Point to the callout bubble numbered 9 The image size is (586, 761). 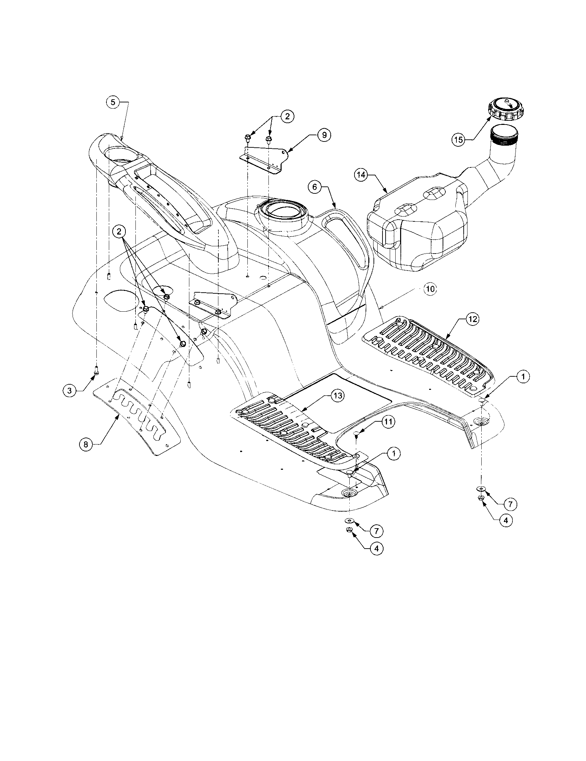point(324,135)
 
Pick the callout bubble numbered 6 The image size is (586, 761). point(314,187)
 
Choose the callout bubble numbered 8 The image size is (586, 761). point(86,444)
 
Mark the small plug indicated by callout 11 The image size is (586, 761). point(357,433)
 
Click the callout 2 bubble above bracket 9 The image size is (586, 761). point(287,116)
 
